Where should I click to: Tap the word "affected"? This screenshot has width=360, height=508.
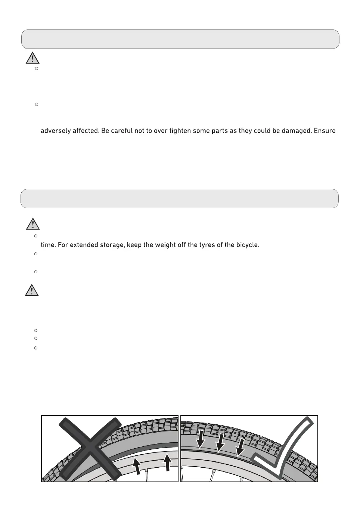click(84, 131)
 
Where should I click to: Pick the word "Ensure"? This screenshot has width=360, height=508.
click(325, 131)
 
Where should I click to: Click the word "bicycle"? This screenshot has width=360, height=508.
click(246, 246)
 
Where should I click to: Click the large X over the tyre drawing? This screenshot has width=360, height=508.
click(90, 448)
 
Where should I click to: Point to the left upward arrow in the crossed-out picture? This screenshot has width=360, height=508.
click(138, 466)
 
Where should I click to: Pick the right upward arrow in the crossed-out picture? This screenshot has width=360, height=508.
click(167, 462)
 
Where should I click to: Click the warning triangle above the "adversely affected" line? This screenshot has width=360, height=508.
click(33, 58)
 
